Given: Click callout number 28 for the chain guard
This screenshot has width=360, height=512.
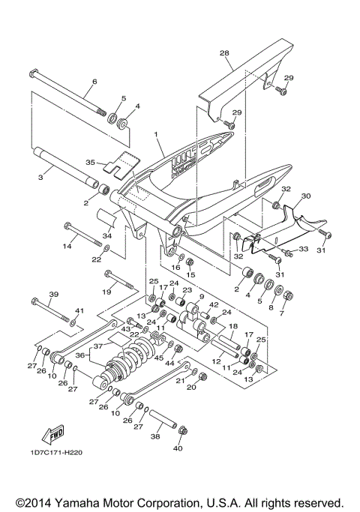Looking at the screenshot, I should [223, 53].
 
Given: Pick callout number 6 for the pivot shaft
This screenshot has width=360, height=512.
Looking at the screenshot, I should [94, 82].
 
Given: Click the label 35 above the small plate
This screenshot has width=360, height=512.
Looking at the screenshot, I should [90, 161].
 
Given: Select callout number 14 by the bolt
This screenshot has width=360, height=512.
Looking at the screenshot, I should [66, 245].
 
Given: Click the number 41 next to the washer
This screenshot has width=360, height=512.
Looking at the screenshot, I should [79, 310].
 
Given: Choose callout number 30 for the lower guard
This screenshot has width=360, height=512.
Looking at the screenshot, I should [305, 196].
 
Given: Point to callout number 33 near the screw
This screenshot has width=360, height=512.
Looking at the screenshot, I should [304, 249].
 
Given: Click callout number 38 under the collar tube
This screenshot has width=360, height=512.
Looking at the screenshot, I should [155, 435].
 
